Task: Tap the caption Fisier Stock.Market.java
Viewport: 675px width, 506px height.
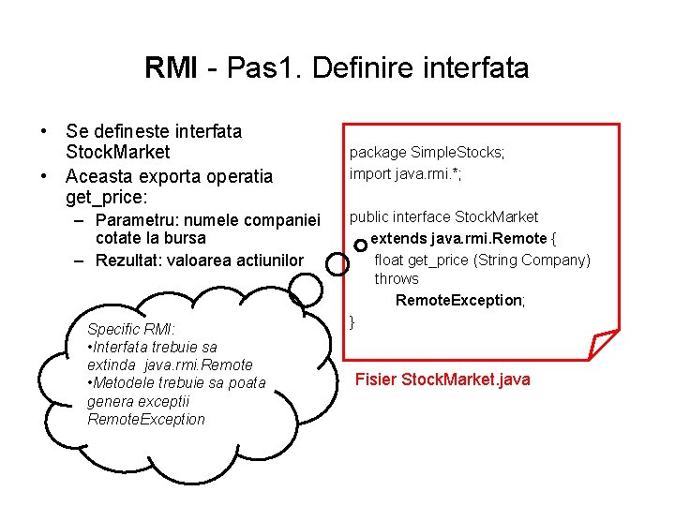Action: (x=442, y=379)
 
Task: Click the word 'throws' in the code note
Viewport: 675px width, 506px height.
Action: (x=397, y=279)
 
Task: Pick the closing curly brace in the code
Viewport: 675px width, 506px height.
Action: (x=352, y=321)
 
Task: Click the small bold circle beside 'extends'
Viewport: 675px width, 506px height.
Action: (x=361, y=244)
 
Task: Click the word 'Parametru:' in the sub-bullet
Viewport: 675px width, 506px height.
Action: (x=137, y=220)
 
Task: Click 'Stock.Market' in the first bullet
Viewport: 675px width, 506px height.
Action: (x=118, y=153)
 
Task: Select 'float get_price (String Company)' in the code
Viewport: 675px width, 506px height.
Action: (x=482, y=260)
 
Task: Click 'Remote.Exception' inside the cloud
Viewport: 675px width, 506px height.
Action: (x=145, y=419)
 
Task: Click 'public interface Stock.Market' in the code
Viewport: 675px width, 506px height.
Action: (x=443, y=217)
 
